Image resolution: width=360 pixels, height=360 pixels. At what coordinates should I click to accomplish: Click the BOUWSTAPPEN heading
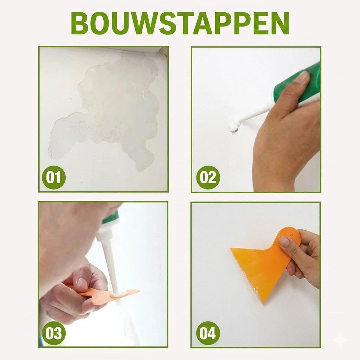(x=180, y=23)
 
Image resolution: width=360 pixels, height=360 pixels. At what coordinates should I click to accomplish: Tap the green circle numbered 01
(x=54, y=177)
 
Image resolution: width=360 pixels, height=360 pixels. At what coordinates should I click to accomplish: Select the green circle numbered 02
(x=208, y=177)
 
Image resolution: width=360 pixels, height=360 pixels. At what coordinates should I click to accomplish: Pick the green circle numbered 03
(x=54, y=333)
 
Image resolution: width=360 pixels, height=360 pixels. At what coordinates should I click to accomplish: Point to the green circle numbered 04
(x=208, y=333)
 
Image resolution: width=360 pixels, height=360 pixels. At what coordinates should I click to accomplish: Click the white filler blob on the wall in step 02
(x=234, y=125)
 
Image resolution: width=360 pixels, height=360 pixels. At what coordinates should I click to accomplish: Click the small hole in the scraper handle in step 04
(x=291, y=234)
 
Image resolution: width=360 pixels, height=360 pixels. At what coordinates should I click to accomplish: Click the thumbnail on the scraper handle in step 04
(x=284, y=242)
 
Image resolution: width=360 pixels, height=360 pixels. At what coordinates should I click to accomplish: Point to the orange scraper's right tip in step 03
(x=139, y=291)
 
